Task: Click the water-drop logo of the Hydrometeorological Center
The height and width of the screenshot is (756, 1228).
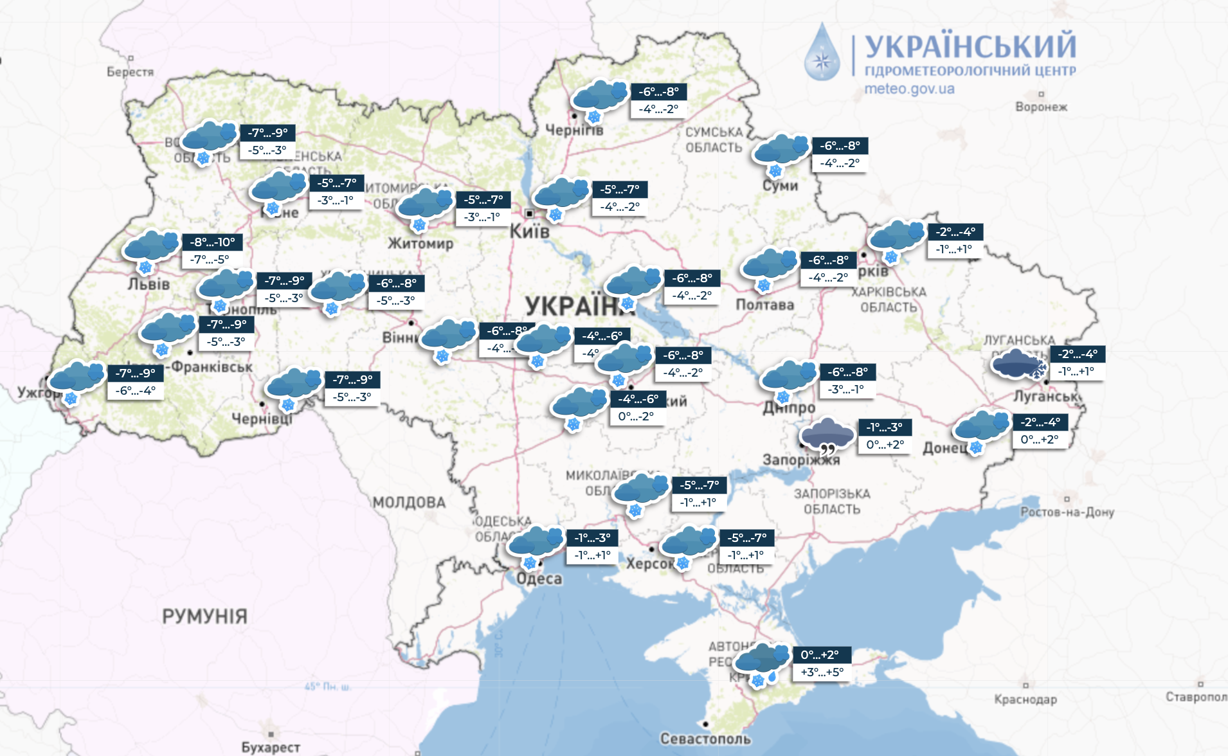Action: (822, 53)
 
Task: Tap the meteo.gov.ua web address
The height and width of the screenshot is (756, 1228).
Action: (909, 89)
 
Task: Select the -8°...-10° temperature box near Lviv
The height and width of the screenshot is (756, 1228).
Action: (213, 242)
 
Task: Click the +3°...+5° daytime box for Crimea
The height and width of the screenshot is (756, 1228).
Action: (822, 672)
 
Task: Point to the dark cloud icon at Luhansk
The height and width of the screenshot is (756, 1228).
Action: (1016, 364)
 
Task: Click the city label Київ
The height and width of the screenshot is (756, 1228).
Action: (530, 231)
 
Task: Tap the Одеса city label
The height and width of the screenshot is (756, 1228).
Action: (539, 579)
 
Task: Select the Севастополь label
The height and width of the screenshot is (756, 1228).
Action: (705, 739)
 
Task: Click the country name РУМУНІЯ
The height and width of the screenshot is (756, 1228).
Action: (204, 616)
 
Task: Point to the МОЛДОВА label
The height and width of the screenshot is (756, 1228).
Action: (409, 502)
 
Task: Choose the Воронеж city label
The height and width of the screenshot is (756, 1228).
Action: (1041, 107)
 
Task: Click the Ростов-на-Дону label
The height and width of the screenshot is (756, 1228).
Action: (1067, 512)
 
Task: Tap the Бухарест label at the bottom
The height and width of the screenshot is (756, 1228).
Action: (271, 747)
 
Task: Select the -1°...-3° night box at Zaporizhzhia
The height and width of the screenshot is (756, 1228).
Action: (885, 427)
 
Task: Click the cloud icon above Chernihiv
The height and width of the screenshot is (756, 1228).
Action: (599, 96)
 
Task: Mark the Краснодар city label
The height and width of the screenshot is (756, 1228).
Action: (1025, 699)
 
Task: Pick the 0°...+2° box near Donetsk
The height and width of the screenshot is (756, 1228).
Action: (1040, 440)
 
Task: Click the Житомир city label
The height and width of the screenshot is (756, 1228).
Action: (420, 243)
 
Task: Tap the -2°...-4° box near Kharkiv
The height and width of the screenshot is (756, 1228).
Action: (955, 232)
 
